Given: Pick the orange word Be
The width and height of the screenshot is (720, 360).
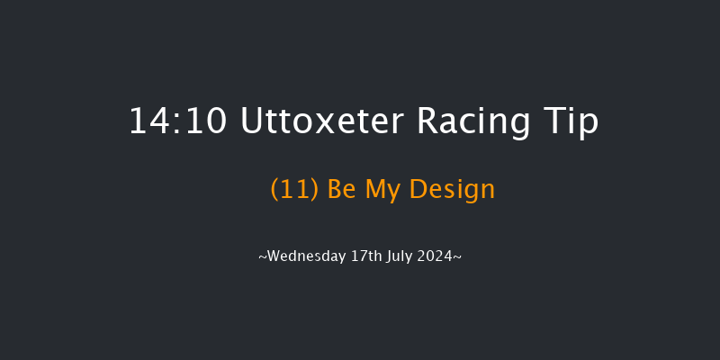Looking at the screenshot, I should coord(343,189).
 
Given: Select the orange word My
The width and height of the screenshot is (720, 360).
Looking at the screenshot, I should coord(384,189).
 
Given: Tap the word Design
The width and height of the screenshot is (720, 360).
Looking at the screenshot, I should coord(453,189).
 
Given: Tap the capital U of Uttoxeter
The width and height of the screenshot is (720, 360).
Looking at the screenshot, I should coord(252,121).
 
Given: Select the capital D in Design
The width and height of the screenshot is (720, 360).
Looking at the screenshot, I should coord(418,189).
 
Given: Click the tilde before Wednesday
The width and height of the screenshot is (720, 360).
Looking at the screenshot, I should coord(262,257).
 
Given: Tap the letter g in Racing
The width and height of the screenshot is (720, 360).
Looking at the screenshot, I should coord(519,125).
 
